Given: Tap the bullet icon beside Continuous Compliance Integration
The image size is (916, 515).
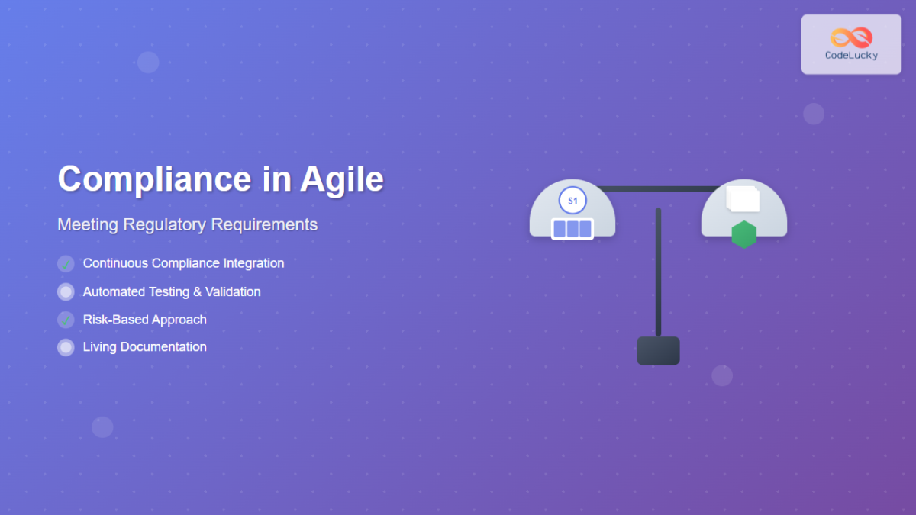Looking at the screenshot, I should click(66, 264).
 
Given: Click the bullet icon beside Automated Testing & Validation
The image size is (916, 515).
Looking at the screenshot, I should click(66, 291).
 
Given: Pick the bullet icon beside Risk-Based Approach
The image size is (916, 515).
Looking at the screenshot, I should click(66, 320).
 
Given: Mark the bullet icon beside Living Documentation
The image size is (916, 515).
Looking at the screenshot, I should click(66, 347).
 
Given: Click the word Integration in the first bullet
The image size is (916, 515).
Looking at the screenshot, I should click(253, 263).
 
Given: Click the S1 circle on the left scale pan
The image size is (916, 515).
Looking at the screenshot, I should click(572, 201).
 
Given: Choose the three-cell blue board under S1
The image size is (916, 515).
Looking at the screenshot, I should click(572, 229).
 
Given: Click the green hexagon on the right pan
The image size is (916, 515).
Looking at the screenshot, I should click(743, 234).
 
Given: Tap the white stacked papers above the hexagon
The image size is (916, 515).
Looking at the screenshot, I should click(743, 199).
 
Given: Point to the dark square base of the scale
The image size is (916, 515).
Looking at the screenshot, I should click(658, 350).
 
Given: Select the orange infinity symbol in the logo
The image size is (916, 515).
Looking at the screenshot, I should click(851, 37).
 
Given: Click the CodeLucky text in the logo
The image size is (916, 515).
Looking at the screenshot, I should click(851, 56).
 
